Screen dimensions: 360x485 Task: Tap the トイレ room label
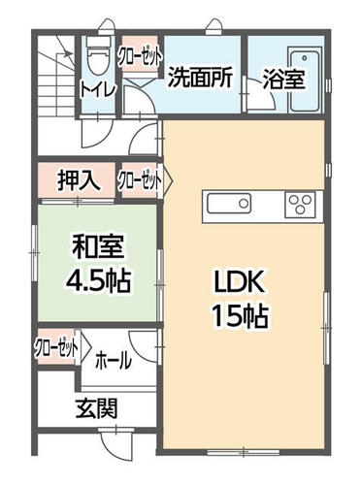(x=98, y=89)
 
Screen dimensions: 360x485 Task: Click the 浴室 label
(x=283, y=80)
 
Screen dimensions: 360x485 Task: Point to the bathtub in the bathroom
(x=306, y=80)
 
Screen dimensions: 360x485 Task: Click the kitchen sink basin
(x=229, y=204)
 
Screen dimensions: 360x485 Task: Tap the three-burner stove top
(x=300, y=205)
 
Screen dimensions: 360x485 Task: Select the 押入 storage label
(x=79, y=180)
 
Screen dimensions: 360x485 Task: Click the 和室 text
(x=98, y=247)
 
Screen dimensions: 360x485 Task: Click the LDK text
(x=240, y=282)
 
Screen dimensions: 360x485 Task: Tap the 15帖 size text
(x=240, y=316)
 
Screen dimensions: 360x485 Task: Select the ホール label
(x=114, y=361)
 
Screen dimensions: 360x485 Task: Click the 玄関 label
(x=96, y=408)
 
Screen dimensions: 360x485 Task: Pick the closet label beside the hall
(x=57, y=347)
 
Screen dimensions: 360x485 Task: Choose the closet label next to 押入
(x=140, y=180)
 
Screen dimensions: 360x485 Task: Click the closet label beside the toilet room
(x=141, y=57)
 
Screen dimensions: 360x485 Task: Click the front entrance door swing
(x=117, y=443)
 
